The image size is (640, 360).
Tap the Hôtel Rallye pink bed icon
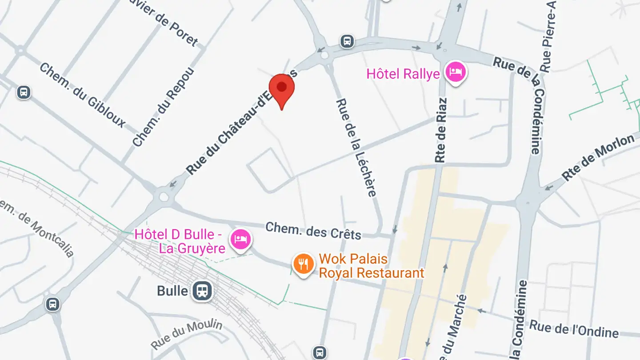pyautogui.click(x=456, y=72)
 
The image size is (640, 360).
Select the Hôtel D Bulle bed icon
pyautogui.click(x=240, y=240)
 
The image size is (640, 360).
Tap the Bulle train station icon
pyautogui.click(x=202, y=291)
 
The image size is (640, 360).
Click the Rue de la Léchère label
pyautogui.click(x=356, y=147)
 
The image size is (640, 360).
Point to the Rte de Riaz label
pyautogui.click(x=441, y=130)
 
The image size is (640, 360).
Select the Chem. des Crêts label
pyautogui.click(x=313, y=231)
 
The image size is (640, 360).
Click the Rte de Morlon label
pyautogui.click(x=598, y=158)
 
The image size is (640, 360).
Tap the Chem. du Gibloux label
pyautogui.click(x=82, y=95)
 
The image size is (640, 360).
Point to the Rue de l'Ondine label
pyautogui.click(x=574, y=329)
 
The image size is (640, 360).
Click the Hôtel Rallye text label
pyautogui.click(x=403, y=74)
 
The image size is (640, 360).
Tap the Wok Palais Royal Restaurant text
pyautogui.click(x=372, y=266)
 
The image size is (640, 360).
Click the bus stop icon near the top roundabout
pyautogui.click(x=347, y=41)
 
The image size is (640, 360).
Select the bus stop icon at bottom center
pyautogui.click(x=319, y=353)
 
